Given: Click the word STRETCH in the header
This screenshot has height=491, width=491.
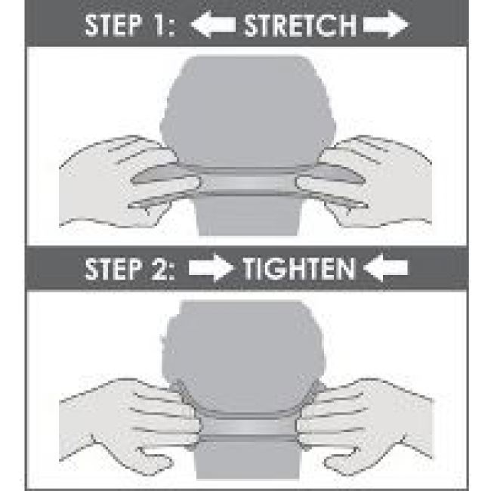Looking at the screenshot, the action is point(300,25).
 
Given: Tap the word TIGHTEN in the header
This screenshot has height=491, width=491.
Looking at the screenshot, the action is point(298,268).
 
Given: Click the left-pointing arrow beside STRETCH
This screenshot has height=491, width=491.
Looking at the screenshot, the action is point(213,24).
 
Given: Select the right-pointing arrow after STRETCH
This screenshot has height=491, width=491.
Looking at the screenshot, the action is point(386,24).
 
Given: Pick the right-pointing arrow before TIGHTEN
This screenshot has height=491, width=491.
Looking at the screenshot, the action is point(211,267).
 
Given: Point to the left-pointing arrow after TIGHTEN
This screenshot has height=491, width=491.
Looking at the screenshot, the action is point(386,267).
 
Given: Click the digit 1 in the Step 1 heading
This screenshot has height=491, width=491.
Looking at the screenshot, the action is point(158,25).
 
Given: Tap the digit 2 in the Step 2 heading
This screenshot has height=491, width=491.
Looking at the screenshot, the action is point(159,269).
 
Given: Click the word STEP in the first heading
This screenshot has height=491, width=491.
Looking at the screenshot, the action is point(113,25).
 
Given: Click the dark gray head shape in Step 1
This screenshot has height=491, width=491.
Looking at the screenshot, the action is point(247,110).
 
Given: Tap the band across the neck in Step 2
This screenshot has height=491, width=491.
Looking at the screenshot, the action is point(247,428).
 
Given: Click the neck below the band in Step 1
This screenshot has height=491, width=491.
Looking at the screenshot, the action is point(247,216).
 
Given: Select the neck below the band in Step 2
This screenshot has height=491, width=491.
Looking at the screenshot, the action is point(247,460).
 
